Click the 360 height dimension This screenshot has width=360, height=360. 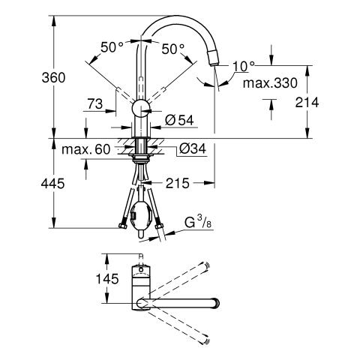tap(53, 77)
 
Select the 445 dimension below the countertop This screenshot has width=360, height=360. tap(52, 184)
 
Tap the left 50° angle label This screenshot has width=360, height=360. tap(112, 47)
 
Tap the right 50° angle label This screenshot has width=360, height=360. tap(173, 49)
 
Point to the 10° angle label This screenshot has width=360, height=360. tap(243, 66)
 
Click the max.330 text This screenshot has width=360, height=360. tap(270, 83)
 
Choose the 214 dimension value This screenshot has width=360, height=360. tap(307, 103)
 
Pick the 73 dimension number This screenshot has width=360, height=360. tap(95, 103)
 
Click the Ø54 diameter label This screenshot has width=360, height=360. tap(179, 120)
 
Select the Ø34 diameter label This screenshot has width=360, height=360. tap(193, 149)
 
